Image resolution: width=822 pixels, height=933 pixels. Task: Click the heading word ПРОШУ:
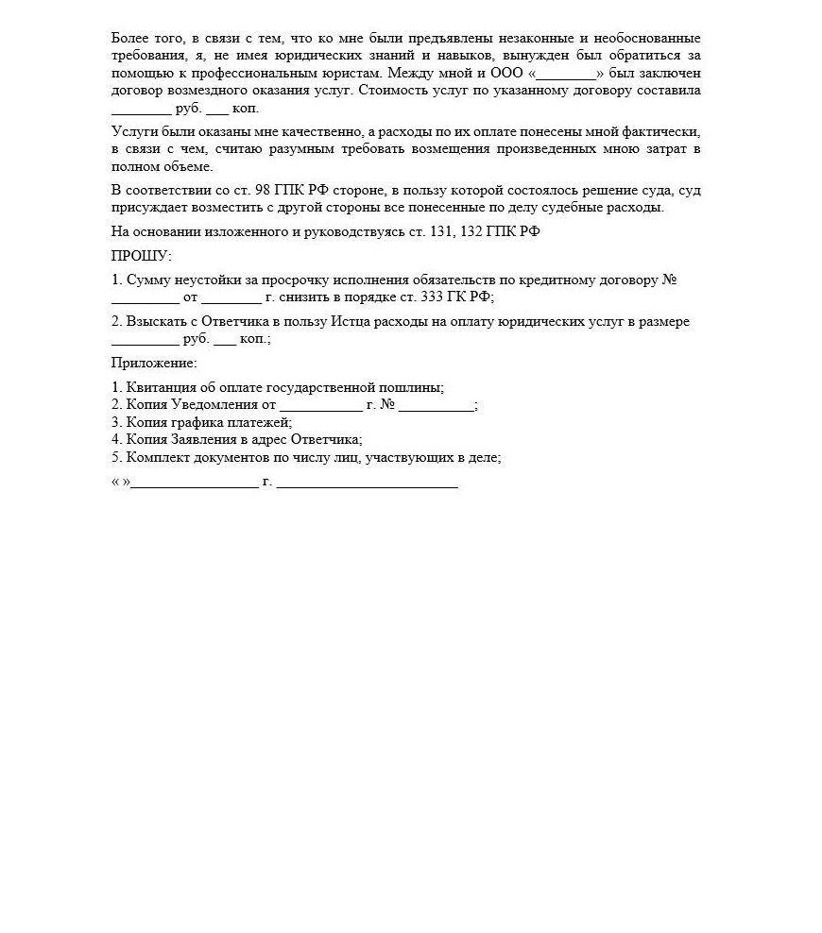(142, 256)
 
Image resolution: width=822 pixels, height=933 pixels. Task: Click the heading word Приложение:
(154, 363)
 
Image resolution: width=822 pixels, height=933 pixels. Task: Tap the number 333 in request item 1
(432, 297)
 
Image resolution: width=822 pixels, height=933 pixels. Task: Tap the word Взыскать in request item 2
(153, 322)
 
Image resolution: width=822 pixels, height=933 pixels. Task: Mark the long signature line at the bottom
(368, 483)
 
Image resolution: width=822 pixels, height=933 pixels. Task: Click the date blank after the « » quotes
(195, 483)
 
